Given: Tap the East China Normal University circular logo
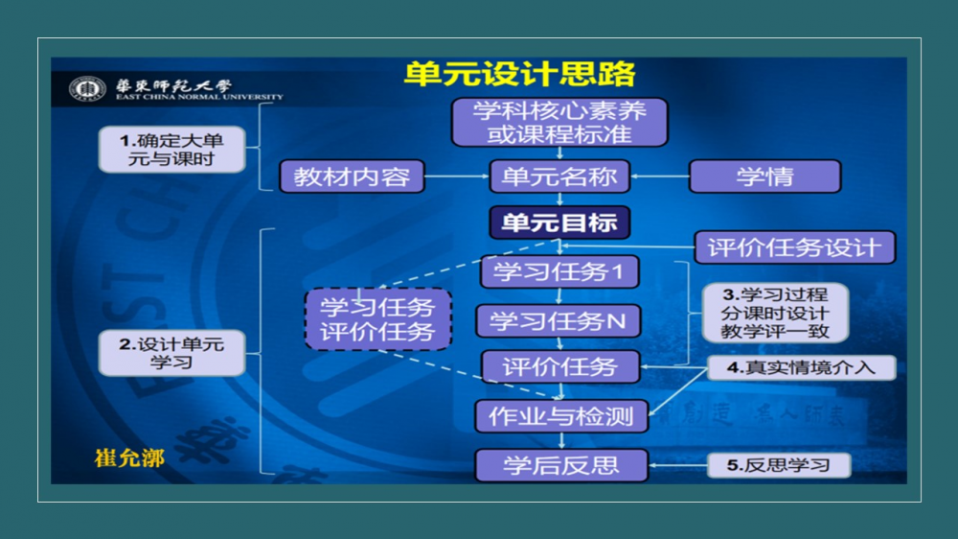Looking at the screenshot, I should pyautogui.click(x=88, y=90).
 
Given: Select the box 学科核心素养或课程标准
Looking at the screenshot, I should pyautogui.click(x=559, y=122).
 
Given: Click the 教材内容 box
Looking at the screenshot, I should pyautogui.click(x=352, y=176).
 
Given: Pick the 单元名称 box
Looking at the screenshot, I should pyautogui.click(x=559, y=176).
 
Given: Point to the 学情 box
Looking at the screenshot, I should pyautogui.click(x=764, y=176).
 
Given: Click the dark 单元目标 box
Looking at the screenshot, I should pyautogui.click(x=559, y=223).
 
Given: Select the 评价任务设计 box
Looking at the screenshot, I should pyautogui.click(x=794, y=247).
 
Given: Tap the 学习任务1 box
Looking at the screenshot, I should pyautogui.click(x=559, y=271).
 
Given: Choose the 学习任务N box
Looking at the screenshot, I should pyautogui.click(x=559, y=320).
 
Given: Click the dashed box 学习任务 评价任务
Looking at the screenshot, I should pyautogui.click(x=377, y=319).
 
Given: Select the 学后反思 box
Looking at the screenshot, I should pyautogui.click(x=561, y=465).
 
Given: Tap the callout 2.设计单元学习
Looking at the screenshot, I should pyautogui.click(x=171, y=352).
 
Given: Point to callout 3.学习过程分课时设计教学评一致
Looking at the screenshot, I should pyautogui.click(x=775, y=313).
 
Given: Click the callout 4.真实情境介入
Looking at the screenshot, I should pyautogui.click(x=801, y=367).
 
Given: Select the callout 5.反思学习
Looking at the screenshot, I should pyautogui.click(x=778, y=465).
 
